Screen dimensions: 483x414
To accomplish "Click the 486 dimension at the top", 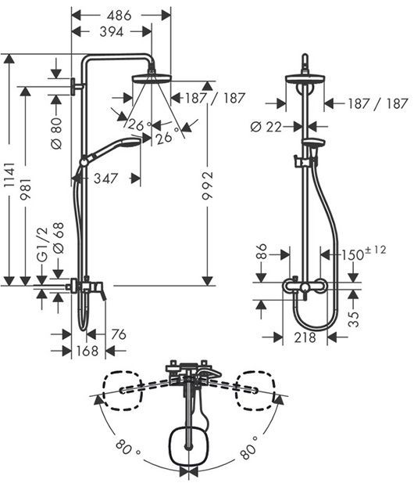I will point(120,14).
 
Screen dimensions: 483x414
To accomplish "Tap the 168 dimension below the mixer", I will point(87,351).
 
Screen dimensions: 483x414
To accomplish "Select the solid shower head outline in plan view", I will point(188,445).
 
